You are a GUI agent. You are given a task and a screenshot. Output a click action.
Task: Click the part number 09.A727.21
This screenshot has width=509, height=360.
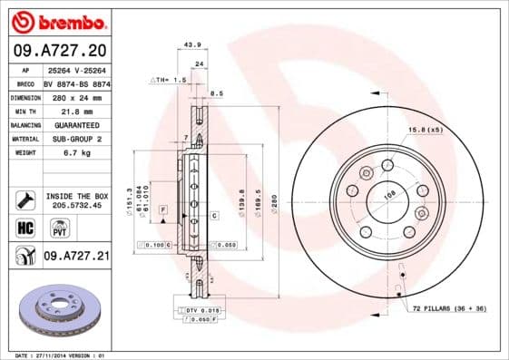click(75, 257)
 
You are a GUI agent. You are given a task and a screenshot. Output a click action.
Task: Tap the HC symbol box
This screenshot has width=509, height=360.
click(25, 228)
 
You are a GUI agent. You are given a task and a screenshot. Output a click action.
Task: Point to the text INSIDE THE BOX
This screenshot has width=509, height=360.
click(75, 195)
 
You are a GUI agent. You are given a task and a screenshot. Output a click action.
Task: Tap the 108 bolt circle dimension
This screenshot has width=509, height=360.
click(391, 193)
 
